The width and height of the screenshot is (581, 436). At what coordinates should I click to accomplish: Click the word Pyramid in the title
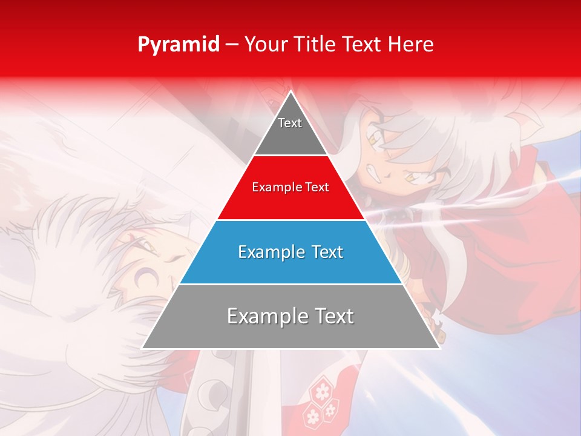179,45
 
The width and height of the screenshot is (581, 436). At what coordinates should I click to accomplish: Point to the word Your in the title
266,45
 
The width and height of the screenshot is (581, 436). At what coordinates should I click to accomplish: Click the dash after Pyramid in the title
231,45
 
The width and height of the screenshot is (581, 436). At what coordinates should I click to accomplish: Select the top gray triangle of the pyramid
290,130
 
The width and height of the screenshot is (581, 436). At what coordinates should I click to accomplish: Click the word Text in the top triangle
290,123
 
